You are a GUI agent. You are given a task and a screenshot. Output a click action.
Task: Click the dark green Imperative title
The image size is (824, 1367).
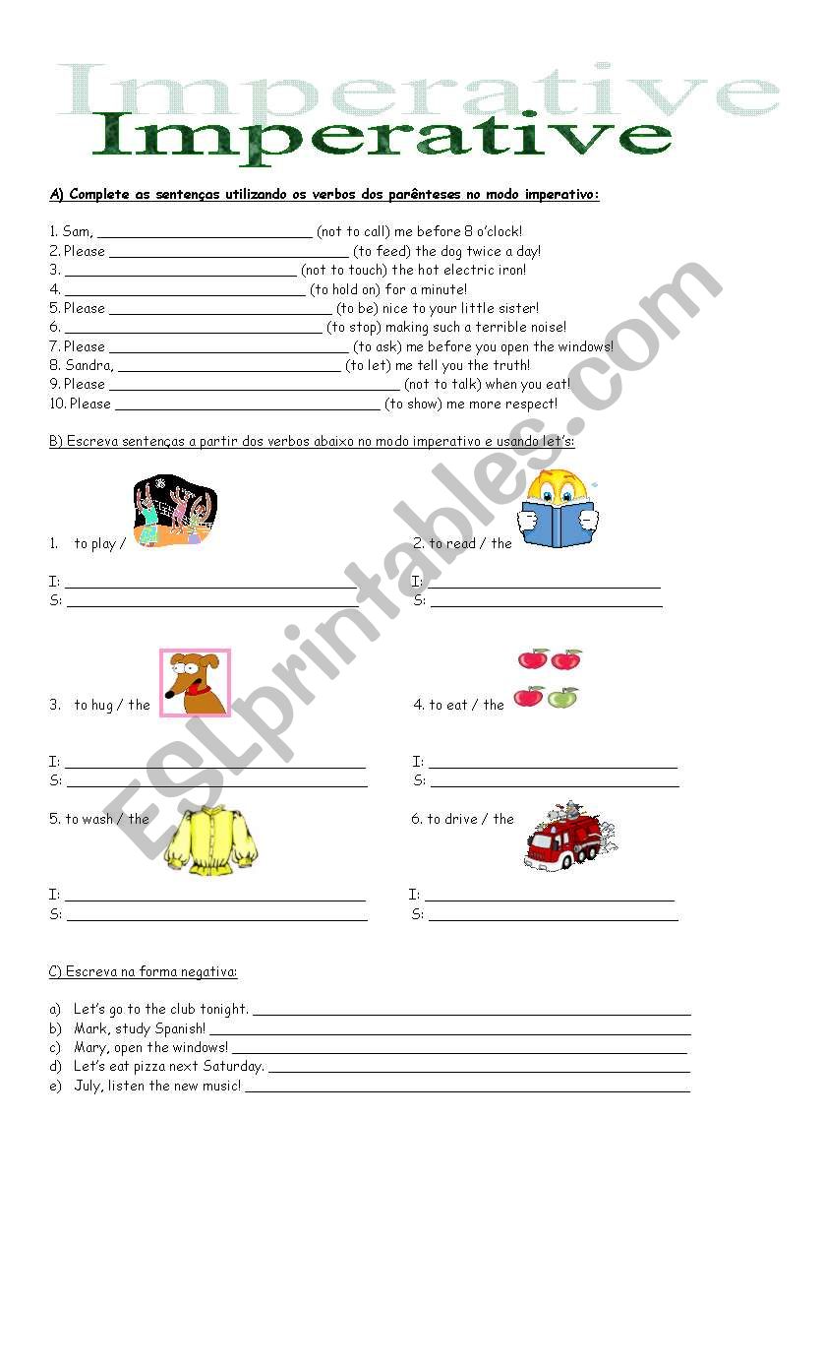[382, 137]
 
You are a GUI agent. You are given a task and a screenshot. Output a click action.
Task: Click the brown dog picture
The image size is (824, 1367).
[195, 682]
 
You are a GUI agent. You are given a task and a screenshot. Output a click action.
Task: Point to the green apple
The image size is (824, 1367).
[562, 698]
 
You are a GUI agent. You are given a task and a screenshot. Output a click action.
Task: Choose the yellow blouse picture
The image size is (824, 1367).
[210, 840]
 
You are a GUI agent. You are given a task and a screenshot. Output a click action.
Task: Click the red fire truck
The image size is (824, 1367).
[567, 838]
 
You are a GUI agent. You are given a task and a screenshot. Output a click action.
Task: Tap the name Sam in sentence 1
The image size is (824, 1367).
[77, 232]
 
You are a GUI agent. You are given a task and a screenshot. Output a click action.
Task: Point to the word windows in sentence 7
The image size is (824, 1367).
[586, 346]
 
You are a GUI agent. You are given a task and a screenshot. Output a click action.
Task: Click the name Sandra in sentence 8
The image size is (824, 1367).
[88, 365]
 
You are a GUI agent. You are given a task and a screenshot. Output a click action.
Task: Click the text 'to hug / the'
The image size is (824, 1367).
[112, 705]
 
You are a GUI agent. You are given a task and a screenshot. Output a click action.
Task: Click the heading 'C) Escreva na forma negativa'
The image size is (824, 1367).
[143, 971]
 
